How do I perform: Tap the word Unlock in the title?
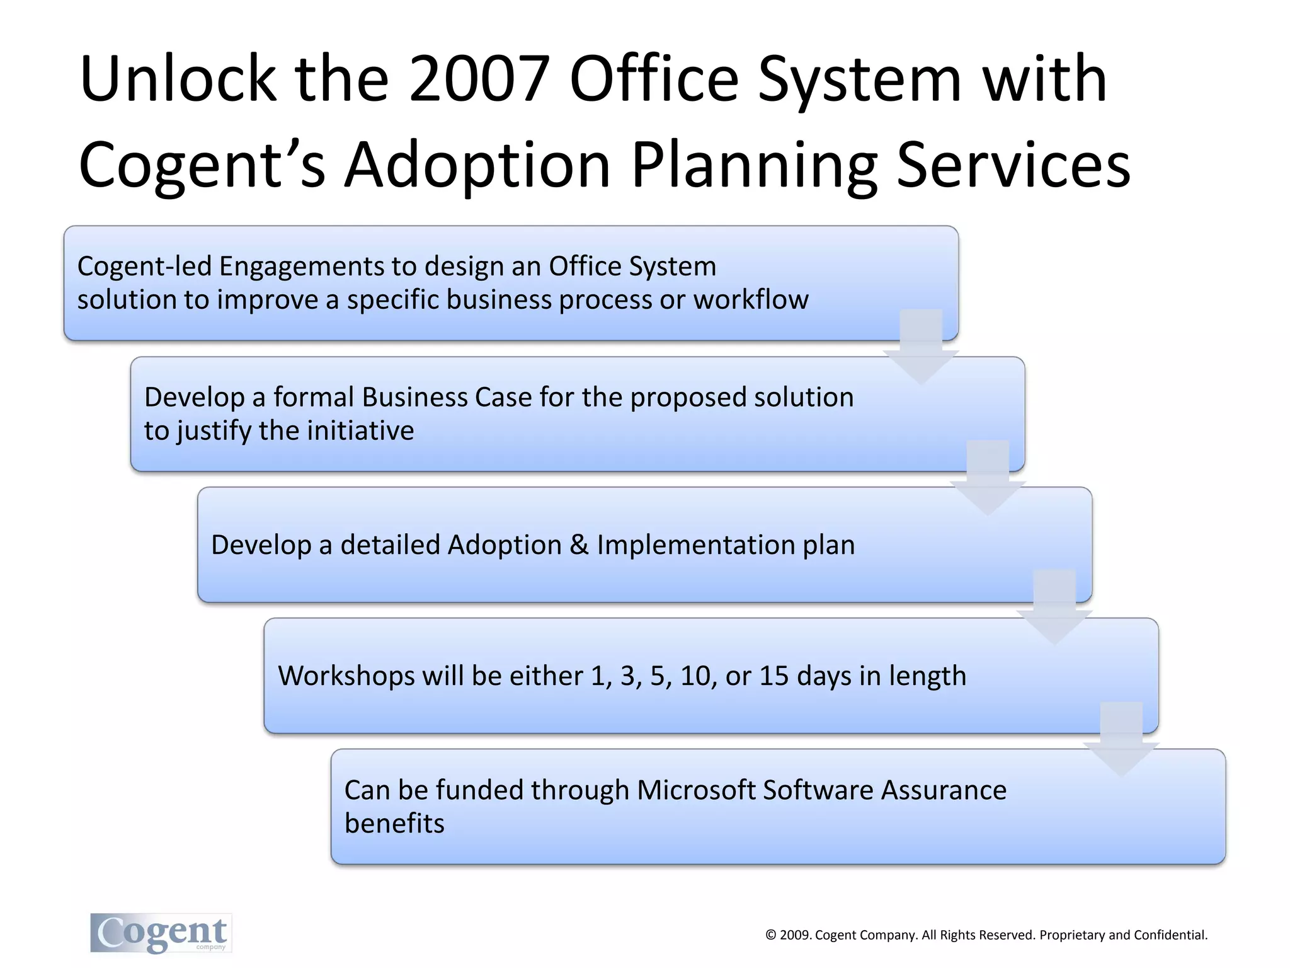pyautogui.click(x=178, y=79)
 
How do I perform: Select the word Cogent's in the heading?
pyautogui.click(x=202, y=165)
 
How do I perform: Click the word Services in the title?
pyautogui.click(x=1013, y=165)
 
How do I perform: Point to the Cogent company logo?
pyautogui.click(x=161, y=933)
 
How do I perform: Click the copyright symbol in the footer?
pyautogui.click(x=770, y=935)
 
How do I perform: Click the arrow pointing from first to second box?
pyautogui.click(x=921, y=350)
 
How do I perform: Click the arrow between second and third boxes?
pyautogui.click(x=988, y=480)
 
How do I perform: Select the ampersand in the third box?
pyautogui.click(x=579, y=545)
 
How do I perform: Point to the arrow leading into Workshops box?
pyautogui.click(x=1054, y=610)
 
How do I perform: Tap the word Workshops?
pyautogui.click(x=346, y=676)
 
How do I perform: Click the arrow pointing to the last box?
pyautogui.click(x=1121, y=742)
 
